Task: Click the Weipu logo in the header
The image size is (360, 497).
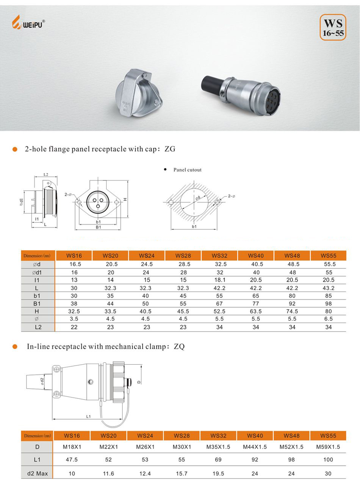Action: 28,22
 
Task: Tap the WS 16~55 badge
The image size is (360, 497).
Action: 333,27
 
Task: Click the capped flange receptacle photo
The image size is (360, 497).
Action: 139,93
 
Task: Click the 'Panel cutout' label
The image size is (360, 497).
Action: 188,170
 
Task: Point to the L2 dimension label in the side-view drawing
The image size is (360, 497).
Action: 46,175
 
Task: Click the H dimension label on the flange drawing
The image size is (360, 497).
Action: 125,199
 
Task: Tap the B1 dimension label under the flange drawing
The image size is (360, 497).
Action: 98,227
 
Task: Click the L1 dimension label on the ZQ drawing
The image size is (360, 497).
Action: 89,417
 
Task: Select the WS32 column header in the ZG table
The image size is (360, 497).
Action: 219,256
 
